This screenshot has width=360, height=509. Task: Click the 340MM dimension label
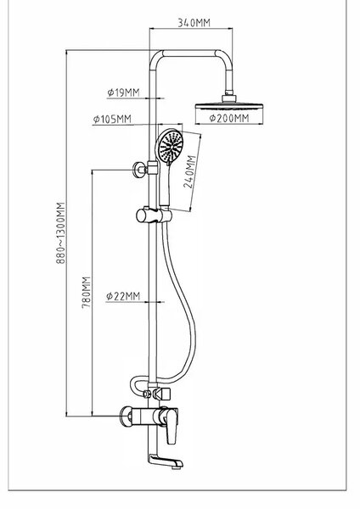(x=194, y=23)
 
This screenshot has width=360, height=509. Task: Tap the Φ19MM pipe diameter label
(x=123, y=92)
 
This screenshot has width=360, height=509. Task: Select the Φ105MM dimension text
(x=112, y=119)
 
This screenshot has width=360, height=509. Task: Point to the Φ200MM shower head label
(x=229, y=118)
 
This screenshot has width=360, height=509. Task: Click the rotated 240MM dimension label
(x=189, y=172)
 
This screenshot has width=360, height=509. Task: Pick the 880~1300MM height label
(x=61, y=232)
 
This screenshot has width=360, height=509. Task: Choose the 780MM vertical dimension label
(x=86, y=292)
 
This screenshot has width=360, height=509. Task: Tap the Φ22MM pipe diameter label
(x=123, y=296)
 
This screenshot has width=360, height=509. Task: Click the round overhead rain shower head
(x=229, y=106)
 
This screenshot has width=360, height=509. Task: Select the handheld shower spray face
(x=171, y=145)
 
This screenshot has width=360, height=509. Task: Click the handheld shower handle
(x=165, y=185)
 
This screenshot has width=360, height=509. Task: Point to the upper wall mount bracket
(x=138, y=169)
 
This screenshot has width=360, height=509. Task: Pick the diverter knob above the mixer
(x=163, y=394)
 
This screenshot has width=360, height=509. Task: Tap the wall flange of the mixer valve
(x=126, y=416)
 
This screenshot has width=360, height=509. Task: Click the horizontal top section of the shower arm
(x=189, y=53)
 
